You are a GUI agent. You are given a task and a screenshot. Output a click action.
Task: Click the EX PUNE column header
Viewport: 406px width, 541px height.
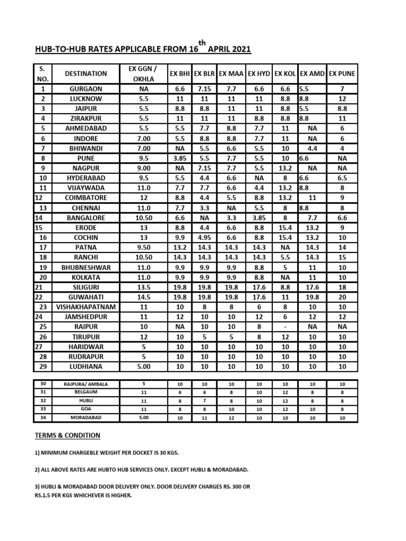(x=342, y=74)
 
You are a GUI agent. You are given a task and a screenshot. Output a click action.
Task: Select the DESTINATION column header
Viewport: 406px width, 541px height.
(x=86, y=74)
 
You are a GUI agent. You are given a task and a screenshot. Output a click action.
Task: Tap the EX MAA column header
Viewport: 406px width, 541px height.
(x=231, y=74)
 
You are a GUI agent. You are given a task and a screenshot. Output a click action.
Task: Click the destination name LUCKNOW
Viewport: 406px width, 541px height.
(x=86, y=99)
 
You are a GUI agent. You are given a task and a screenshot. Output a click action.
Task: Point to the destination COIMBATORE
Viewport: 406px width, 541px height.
(x=86, y=198)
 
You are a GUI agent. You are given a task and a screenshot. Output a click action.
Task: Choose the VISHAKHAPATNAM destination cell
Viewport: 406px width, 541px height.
(x=86, y=307)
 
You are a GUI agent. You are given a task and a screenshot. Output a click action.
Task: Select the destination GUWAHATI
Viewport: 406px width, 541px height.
(x=86, y=297)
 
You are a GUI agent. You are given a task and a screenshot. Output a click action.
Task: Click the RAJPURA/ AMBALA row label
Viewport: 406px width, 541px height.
(x=86, y=384)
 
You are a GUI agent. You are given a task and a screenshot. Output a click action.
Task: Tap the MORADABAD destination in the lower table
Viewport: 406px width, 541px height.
(x=86, y=417)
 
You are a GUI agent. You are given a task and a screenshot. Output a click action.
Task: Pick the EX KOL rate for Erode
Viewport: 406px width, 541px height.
(x=286, y=228)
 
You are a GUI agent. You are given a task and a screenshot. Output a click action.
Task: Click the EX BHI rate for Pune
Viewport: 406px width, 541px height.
(x=180, y=158)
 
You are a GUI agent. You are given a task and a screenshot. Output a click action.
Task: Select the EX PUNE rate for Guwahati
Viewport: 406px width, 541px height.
(x=342, y=297)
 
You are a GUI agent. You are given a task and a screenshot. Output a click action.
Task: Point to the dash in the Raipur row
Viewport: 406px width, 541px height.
(x=286, y=327)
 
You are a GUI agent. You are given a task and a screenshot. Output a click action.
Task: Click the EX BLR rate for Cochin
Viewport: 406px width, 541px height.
(x=204, y=238)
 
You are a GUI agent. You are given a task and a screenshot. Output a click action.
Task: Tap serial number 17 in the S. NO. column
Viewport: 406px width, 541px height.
(x=43, y=247)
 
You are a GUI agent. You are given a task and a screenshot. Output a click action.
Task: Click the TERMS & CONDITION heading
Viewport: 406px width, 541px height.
(x=67, y=435)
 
